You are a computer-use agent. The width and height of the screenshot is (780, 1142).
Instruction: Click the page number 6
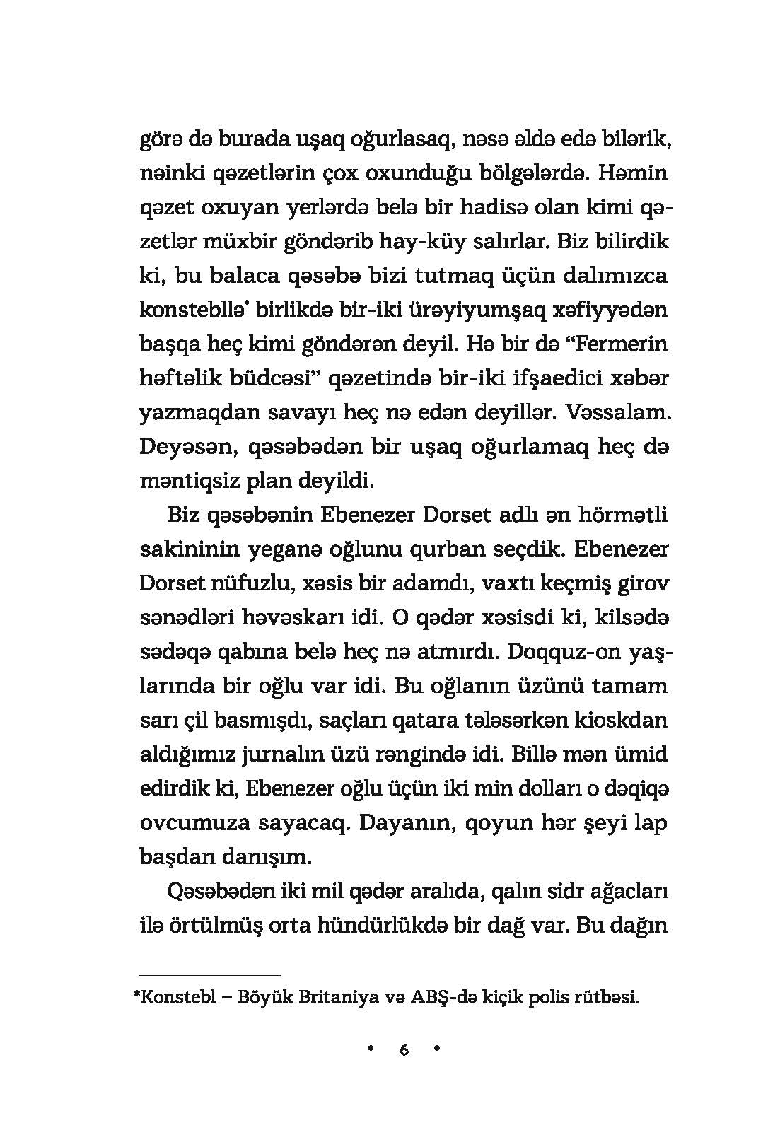click(x=404, y=1051)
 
